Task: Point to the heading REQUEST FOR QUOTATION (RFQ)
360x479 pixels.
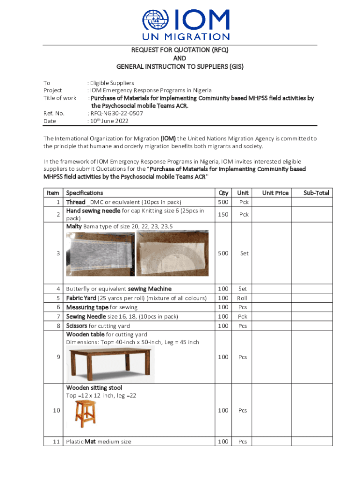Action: pos(180,50)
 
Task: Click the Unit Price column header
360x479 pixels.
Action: pos(275,193)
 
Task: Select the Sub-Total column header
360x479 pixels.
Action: pos(316,193)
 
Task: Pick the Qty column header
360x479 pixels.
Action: pos(223,193)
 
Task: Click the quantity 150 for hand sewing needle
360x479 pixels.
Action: pos(223,214)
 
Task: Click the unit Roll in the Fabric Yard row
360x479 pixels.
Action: pos(242,298)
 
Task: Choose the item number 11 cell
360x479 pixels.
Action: pos(55,442)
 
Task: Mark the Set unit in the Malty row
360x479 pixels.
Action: pos(244,253)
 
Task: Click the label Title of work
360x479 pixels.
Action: pos(60,98)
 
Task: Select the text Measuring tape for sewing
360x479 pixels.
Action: pos(102,307)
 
